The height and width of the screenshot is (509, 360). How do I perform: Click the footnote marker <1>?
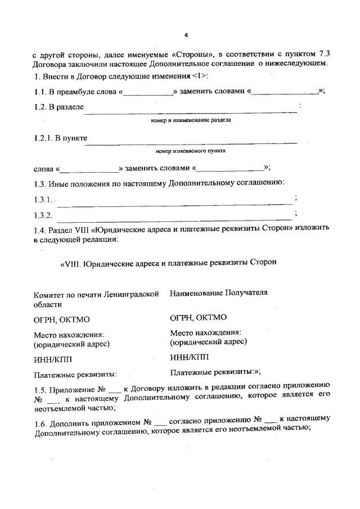(x=200, y=76)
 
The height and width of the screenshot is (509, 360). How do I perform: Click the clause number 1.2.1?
(x=42, y=138)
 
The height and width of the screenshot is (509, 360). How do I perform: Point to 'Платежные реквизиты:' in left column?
(x=75, y=373)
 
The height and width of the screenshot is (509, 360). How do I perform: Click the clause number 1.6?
(x=41, y=421)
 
